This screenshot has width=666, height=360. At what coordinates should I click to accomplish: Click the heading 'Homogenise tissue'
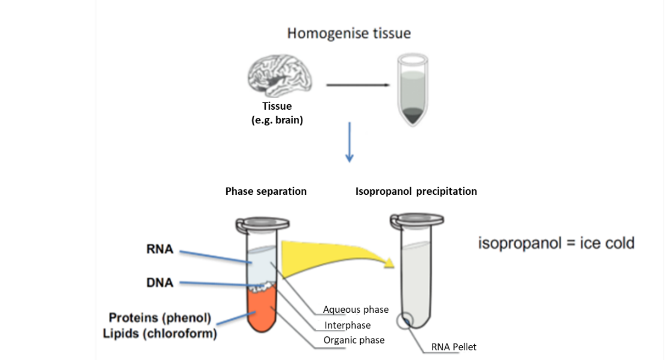coord(349,33)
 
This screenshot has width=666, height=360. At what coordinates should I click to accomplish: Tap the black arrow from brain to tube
coord(359,85)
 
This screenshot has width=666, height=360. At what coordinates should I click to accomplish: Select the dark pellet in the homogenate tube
coord(413,116)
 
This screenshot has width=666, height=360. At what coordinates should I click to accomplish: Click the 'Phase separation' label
coord(266,192)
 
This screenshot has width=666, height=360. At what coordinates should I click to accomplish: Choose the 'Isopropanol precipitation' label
coord(416,192)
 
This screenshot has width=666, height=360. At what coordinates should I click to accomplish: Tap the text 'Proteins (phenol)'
coord(160,318)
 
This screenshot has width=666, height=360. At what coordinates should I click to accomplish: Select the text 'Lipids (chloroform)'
coord(163,333)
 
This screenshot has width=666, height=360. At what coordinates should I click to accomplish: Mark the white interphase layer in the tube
coord(262,285)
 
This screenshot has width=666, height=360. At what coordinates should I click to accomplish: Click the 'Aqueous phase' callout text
coord(356,310)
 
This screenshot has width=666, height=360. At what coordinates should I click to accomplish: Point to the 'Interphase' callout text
coord(348,325)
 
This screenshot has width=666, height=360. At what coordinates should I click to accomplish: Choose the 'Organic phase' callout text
coord(354,340)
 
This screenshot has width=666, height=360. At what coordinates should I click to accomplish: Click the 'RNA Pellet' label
coord(454,347)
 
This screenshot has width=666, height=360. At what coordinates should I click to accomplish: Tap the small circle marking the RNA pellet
coord(407,320)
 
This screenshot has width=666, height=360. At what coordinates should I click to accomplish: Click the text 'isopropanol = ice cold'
coord(556,243)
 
